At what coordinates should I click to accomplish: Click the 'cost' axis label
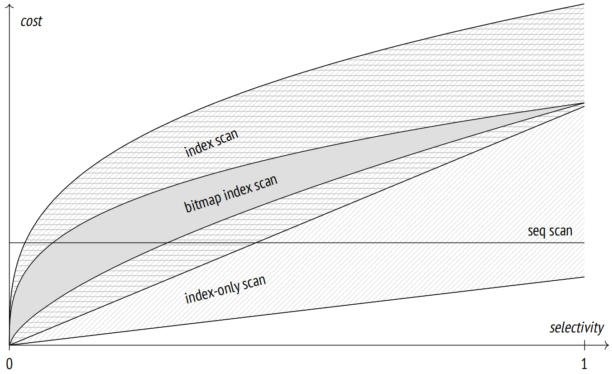[31, 21]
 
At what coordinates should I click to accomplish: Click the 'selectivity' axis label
[577, 327]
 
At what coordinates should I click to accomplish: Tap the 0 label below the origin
[10, 364]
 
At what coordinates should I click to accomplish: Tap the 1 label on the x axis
[584, 364]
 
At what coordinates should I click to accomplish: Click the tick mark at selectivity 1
[584, 345]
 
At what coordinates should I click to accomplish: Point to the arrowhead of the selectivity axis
[607, 345]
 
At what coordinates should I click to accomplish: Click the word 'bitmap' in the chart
[203, 201]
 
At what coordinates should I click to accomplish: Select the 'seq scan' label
[550, 231]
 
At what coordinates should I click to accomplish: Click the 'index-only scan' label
[225, 289]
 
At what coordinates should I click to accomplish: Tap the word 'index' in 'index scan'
[199, 148]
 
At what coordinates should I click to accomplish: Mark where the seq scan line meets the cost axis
[10, 243]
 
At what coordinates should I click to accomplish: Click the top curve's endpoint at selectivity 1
[584, 4]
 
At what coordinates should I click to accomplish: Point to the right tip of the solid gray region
[584, 103]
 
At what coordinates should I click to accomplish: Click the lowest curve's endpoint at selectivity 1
[584, 277]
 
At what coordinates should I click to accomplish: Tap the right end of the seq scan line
[584, 243]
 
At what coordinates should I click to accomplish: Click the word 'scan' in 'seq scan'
[561, 231]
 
